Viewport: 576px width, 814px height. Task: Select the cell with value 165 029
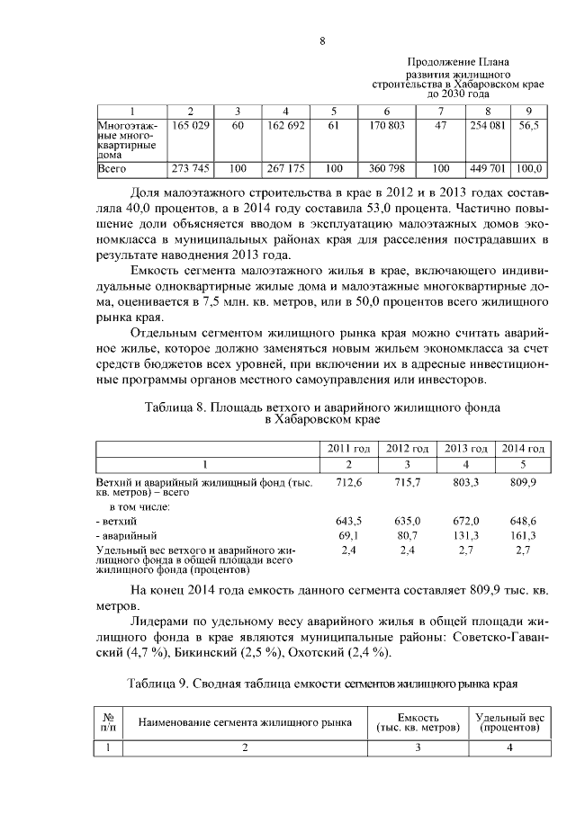coord(191,127)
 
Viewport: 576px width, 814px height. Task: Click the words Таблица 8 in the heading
coord(176,407)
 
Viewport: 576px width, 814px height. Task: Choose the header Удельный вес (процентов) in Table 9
coord(509,722)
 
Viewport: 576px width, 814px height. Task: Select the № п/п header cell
coord(107,722)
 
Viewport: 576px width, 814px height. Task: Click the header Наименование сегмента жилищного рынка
coord(243,722)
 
